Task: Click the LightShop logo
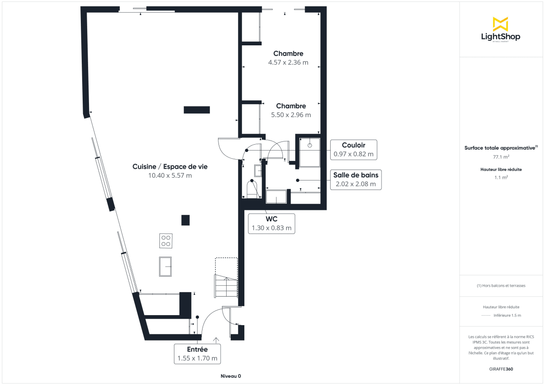pos(500,30)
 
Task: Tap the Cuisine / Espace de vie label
pos(170,166)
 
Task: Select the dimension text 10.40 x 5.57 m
pos(170,175)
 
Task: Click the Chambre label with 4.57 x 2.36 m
pos(288,54)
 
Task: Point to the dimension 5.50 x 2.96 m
pos(291,115)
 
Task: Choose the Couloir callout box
pos(353,150)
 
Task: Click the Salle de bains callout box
pos(356,180)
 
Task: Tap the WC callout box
pos(272,224)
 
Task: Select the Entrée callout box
pos(198,354)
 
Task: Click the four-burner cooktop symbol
pos(166,241)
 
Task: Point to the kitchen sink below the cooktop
pos(165,266)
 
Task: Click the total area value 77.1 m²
pos(500,157)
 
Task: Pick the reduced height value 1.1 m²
pos(500,177)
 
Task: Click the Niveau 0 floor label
pos(231,376)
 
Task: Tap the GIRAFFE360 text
pos(500,369)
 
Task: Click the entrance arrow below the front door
pos(216,339)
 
